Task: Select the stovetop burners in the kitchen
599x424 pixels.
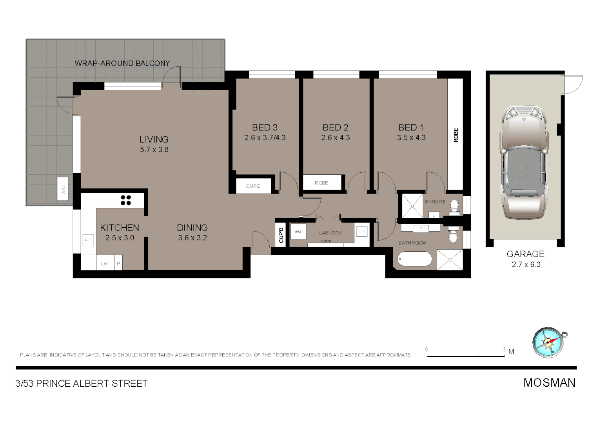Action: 126,200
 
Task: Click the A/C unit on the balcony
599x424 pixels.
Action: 63,189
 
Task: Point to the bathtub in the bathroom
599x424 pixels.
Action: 414,259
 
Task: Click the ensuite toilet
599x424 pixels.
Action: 454,207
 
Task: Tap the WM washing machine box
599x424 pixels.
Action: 298,232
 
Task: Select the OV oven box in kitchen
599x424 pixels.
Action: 105,263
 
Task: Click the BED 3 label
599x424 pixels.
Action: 265,128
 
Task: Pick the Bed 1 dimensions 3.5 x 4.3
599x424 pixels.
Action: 411,138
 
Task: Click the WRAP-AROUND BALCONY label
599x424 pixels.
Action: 122,63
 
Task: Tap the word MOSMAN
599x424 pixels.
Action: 549,383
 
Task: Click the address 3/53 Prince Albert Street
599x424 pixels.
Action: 82,384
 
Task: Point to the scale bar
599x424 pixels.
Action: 465,355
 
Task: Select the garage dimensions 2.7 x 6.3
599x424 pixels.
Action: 526,265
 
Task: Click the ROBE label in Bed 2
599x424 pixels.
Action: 321,183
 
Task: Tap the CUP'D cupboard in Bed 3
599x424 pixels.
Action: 253,186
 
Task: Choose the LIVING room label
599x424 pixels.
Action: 154,139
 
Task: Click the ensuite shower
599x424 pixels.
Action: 411,206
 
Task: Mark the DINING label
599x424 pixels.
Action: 192,228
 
